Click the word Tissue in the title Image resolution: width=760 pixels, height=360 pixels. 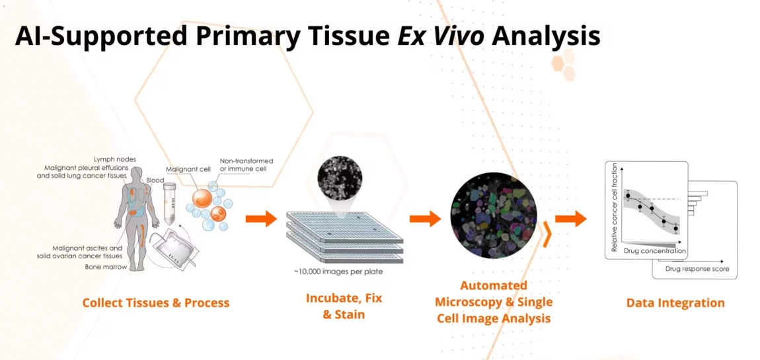click(x=345, y=36)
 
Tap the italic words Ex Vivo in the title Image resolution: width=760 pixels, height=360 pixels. click(x=441, y=36)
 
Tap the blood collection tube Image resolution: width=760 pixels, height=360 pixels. click(x=169, y=203)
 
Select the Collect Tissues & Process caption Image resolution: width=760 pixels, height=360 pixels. click(x=155, y=303)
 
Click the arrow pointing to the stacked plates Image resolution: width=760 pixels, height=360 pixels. click(x=261, y=219)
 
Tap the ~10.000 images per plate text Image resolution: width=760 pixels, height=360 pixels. click(x=338, y=271)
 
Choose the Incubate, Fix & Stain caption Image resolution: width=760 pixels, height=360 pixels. click(x=344, y=306)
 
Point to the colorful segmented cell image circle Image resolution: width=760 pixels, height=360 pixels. click(x=494, y=215)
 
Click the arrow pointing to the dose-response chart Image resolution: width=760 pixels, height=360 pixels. click(x=570, y=219)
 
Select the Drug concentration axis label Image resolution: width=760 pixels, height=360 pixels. click(x=654, y=251)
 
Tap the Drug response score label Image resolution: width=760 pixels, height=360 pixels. click(x=697, y=268)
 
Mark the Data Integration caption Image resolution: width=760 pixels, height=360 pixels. click(x=675, y=303)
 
